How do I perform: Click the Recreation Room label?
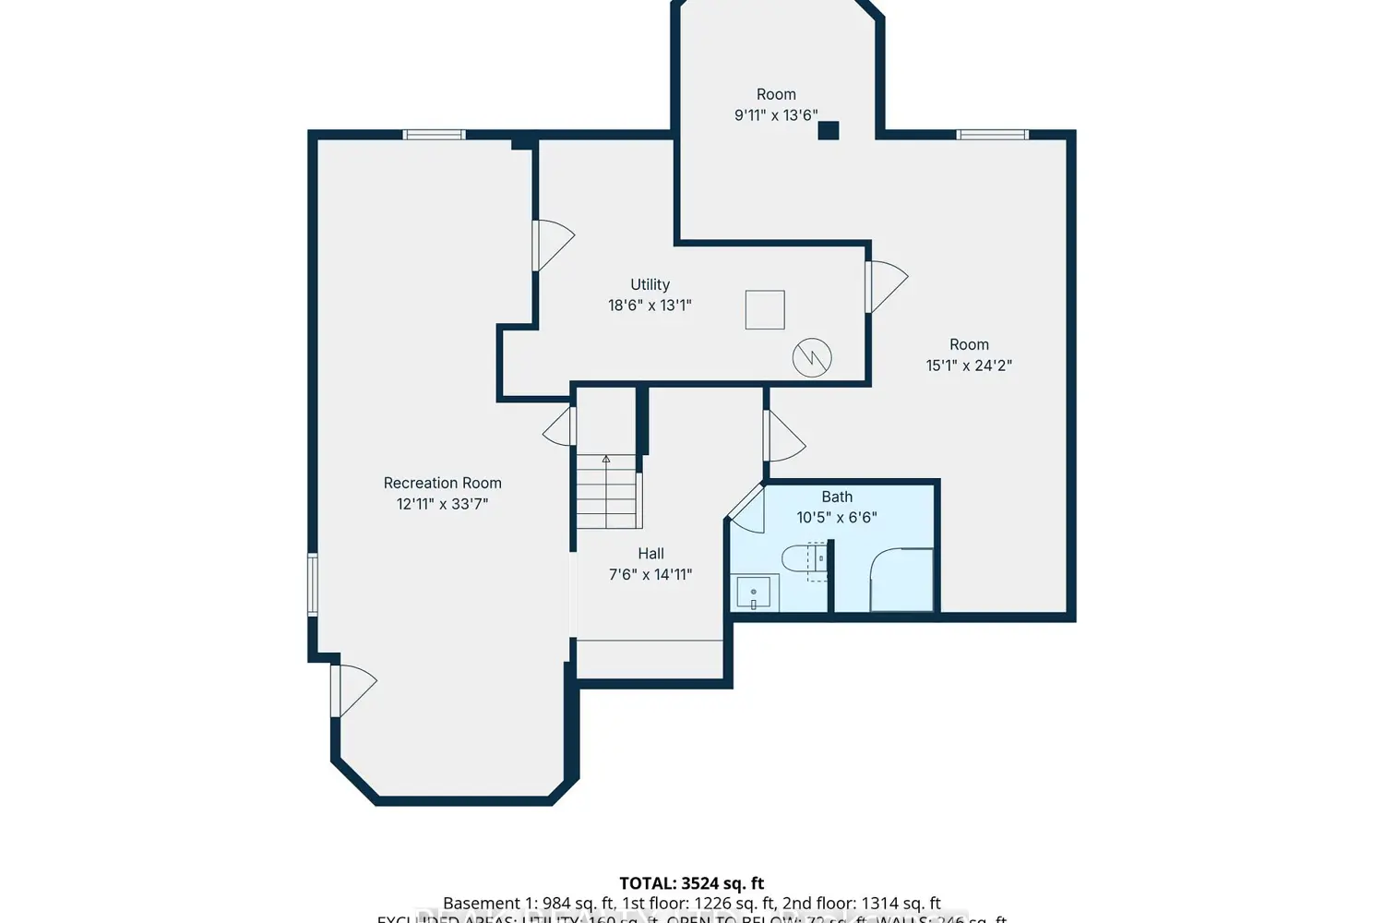(x=442, y=483)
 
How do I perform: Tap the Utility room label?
(x=650, y=284)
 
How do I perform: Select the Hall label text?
(x=650, y=554)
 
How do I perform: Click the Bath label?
(x=837, y=497)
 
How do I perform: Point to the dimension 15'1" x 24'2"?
(x=969, y=366)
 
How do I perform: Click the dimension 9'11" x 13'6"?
(x=776, y=115)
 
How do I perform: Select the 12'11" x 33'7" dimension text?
(x=442, y=504)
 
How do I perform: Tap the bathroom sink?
(x=755, y=593)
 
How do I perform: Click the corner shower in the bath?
(x=901, y=580)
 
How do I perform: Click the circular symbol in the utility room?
(x=812, y=357)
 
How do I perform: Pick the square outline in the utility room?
(x=765, y=310)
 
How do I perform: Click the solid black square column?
(x=829, y=130)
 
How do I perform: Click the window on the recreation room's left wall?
(x=313, y=584)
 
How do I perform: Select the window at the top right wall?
(x=992, y=135)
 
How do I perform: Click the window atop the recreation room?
(x=434, y=135)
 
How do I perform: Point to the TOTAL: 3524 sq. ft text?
(x=691, y=883)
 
